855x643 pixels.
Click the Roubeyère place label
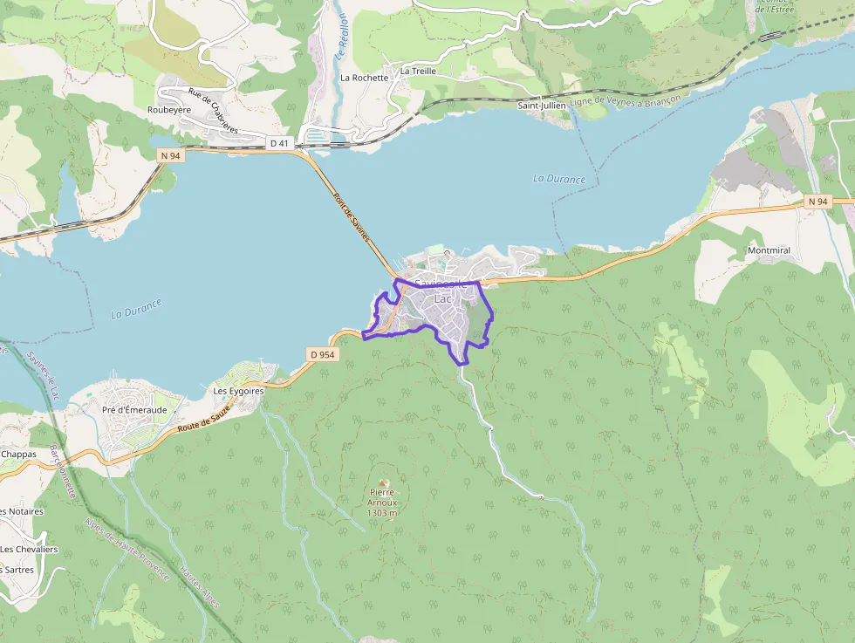click(169, 110)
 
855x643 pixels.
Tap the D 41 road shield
click(279, 143)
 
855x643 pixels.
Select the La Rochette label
click(364, 78)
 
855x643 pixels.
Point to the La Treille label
click(418, 71)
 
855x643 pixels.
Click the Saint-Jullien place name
click(542, 106)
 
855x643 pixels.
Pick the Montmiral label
click(769, 250)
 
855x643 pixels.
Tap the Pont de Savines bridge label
click(352, 217)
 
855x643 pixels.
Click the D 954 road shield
click(322, 354)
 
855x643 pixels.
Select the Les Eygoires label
click(238, 392)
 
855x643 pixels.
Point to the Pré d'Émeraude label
click(134, 410)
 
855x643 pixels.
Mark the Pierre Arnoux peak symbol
click(383, 482)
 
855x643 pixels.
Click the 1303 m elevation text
click(382, 513)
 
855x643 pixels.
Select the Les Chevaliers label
click(29, 550)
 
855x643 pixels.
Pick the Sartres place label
click(19, 570)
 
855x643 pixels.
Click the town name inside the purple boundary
click(442, 291)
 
